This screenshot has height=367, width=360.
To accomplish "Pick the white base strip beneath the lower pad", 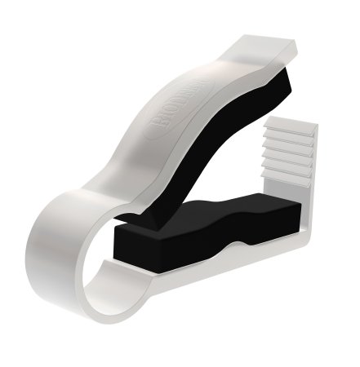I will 212,259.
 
